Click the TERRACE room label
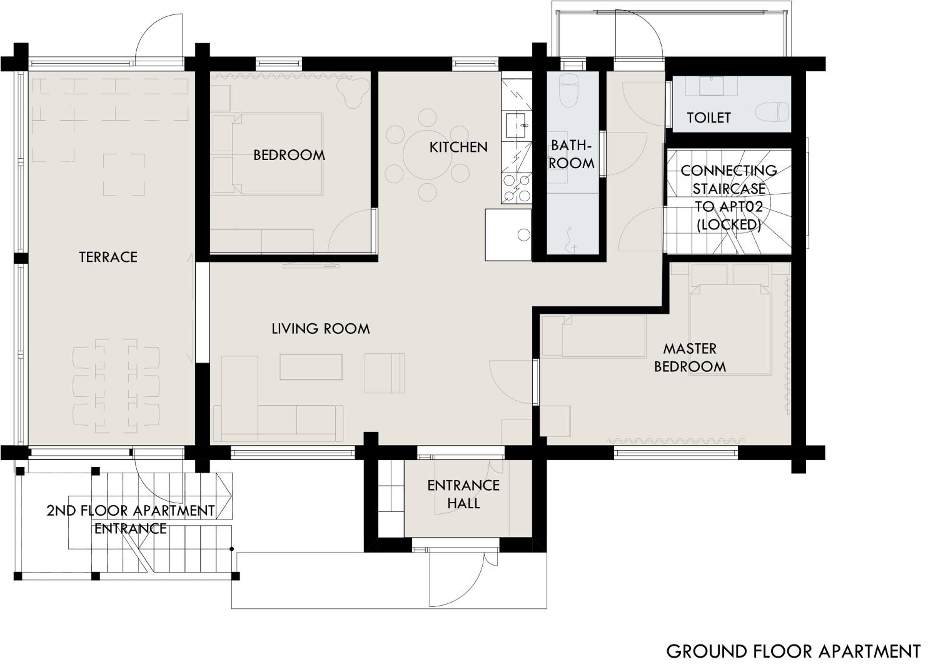pyautogui.click(x=108, y=257)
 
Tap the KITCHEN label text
pyautogui.click(x=458, y=147)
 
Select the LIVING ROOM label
pyautogui.click(x=320, y=328)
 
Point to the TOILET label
pyautogui.click(x=709, y=118)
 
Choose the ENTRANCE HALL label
pyautogui.click(x=463, y=494)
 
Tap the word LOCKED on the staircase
pyautogui.click(x=729, y=225)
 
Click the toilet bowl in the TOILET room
pyautogui.click(x=772, y=112)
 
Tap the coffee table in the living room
pyautogui.click(x=311, y=367)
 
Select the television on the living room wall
pyautogui.click(x=311, y=265)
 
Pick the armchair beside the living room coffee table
pyautogui.click(x=385, y=373)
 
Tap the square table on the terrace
pyautogui.click(x=124, y=174)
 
